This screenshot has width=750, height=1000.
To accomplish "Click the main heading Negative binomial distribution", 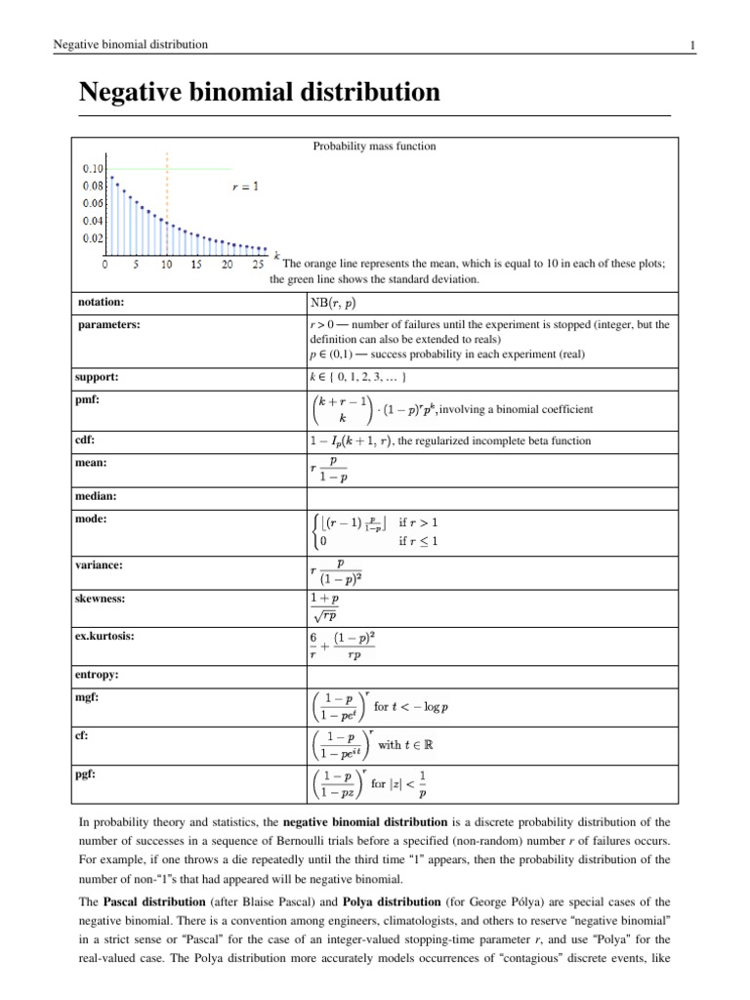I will [x=259, y=93].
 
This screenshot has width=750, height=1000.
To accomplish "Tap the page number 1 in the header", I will [x=691, y=45].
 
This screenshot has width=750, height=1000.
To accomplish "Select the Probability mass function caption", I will [x=374, y=146].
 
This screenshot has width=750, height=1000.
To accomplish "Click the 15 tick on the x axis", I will [x=196, y=264].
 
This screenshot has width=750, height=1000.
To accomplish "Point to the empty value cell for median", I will [x=488, y=497].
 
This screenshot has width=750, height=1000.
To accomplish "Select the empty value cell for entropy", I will [x=488, y=675].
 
